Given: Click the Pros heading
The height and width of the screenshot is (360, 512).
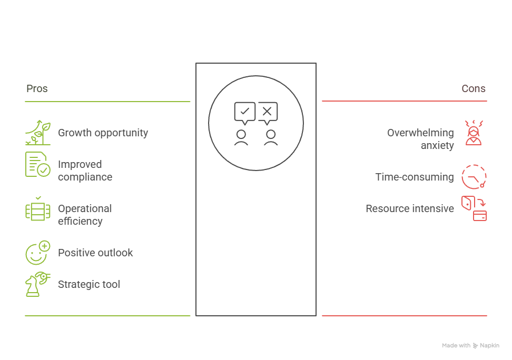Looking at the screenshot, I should pos(37,88).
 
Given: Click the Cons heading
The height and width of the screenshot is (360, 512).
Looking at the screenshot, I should pos(474,88).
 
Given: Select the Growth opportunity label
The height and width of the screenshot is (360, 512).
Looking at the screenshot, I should pos(103,133).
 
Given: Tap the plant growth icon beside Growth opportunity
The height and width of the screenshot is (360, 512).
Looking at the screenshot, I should pos(38,133).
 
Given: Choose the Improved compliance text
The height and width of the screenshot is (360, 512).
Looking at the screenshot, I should pos(85,171).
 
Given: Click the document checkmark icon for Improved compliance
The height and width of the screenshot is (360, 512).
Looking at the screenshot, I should pos(38,164).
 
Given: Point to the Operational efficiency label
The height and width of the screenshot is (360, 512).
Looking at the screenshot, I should pos(85,215).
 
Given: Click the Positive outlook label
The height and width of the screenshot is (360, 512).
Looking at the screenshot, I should pos(95,253).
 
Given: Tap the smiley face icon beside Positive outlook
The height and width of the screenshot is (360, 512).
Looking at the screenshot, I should pos(38,253).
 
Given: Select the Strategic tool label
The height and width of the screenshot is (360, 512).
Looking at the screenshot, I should pos(89,284).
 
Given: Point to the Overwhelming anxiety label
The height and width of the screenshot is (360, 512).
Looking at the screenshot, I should pos(420,139).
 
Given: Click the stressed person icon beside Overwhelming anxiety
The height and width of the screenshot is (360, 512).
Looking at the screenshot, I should pos(474,133).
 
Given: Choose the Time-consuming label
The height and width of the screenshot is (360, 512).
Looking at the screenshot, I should pos(414,177).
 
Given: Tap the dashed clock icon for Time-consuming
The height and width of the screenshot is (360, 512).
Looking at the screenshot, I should pos(474,177).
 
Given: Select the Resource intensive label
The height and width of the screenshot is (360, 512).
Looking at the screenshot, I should pos(409,208).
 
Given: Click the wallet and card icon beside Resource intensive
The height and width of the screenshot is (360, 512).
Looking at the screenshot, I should pos(474,208).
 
